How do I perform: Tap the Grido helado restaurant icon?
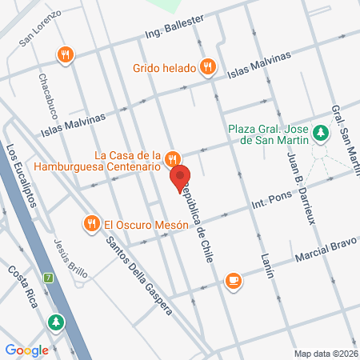point(208,67)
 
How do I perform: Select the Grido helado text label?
point(165,67)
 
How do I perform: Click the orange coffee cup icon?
point(233,280)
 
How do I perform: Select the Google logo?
point(27,350)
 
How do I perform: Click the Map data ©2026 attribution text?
point(325,353)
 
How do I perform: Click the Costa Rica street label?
point(24,282)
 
